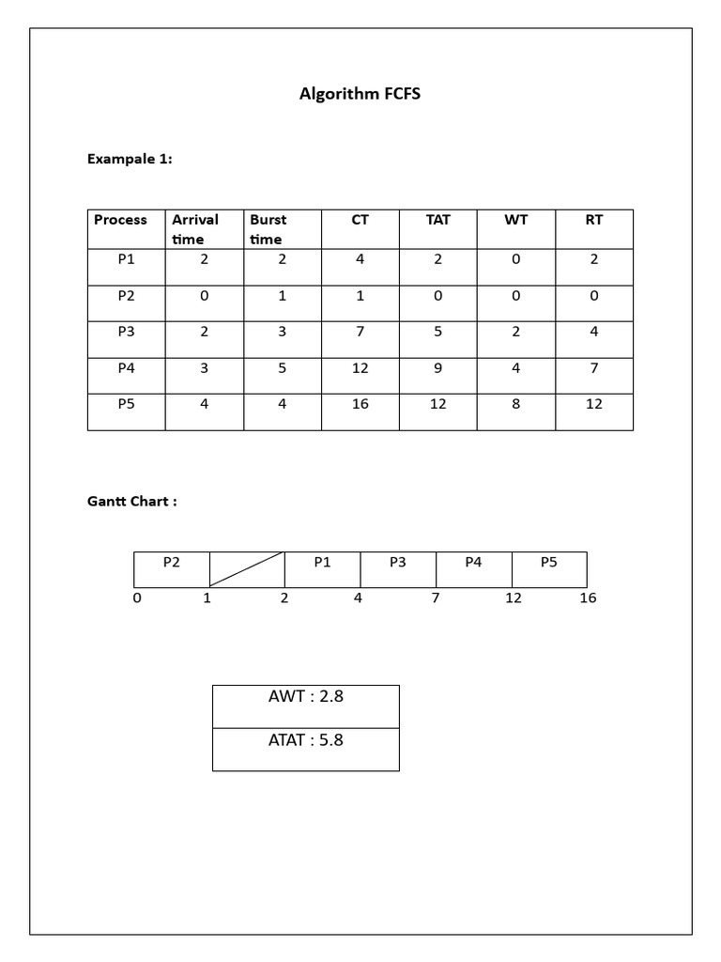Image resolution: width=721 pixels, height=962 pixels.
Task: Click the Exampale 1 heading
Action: [x=130, y=159]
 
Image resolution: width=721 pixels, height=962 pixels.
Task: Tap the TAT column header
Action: [x=437, y=221]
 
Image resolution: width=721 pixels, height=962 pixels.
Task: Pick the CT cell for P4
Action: [x=360, y=368]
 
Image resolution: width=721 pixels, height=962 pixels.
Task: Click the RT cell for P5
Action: [x=594, y=405]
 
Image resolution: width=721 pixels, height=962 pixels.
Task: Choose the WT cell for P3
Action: [x=515, y=332]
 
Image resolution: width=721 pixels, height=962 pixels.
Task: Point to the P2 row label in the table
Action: [x=127, y=296]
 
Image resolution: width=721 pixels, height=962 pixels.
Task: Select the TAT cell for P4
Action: [x=437, y=368]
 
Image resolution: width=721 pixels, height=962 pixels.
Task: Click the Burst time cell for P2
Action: [x=283, y=296]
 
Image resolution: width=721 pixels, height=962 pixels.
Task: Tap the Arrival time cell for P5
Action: [x=205, y=405]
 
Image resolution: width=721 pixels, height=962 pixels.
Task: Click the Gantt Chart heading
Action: [x=131, y=502]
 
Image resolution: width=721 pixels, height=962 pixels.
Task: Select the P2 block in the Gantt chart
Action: [x=171, y=564]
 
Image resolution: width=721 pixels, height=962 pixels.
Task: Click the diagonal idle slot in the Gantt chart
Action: [x=246, y=569]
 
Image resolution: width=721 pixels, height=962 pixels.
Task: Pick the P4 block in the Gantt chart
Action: [x=473, y=564]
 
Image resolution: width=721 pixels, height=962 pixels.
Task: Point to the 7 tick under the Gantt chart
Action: [x=436, y=598]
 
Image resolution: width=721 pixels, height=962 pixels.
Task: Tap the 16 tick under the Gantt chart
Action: [x=588, y=598]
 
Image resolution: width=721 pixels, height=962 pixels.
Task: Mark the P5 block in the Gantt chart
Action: [x=549, y=564]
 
